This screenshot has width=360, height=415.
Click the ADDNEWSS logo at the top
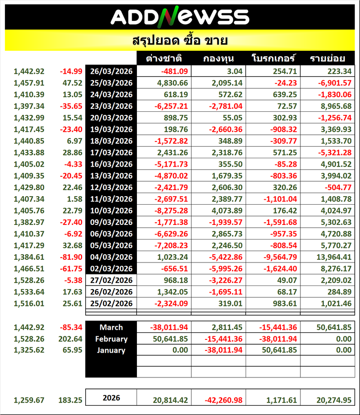click(x=180, y=17)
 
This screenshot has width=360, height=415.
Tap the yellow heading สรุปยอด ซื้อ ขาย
click(x=180, y=41)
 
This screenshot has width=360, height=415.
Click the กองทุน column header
click(x=219, y=59)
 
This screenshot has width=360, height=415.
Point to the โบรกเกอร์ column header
click(x=273, y=59)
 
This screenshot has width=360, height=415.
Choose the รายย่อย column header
click(x=327, y=59)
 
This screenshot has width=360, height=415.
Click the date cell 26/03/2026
click(x=111, y=71)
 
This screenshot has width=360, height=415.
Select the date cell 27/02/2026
click(x=111, y=280)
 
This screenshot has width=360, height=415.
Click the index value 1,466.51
click(x=29, y=268)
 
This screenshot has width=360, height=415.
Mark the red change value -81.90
click(x=71, y=257)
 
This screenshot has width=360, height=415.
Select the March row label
click(x=111, y=327)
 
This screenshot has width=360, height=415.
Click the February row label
click(x=111, y=339)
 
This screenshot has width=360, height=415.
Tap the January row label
click(x=111, y=350)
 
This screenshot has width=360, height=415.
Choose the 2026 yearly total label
click(x=111, y=398)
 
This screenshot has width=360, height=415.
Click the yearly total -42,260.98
click(x=224, y=400)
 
